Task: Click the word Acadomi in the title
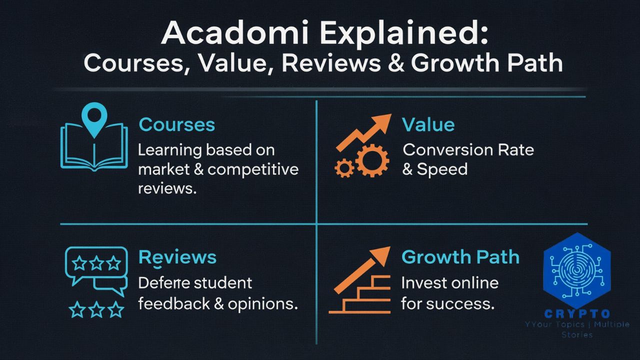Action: coord(235,32)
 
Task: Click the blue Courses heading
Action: coord(177,124)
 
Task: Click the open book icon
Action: coord(94,147)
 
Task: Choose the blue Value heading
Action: coord(428,124)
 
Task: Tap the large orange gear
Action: coord(372,160)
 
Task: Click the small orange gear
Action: coord(344,168)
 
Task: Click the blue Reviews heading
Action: coord(177,257)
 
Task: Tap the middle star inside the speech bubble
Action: coord(96,263)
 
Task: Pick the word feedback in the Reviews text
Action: coord(174,303)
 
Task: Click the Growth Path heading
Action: coord(460,257)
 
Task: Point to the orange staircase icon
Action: coord(359,294)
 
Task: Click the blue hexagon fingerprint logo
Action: coord(577,270)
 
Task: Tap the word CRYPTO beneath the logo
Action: coord(577,314)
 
